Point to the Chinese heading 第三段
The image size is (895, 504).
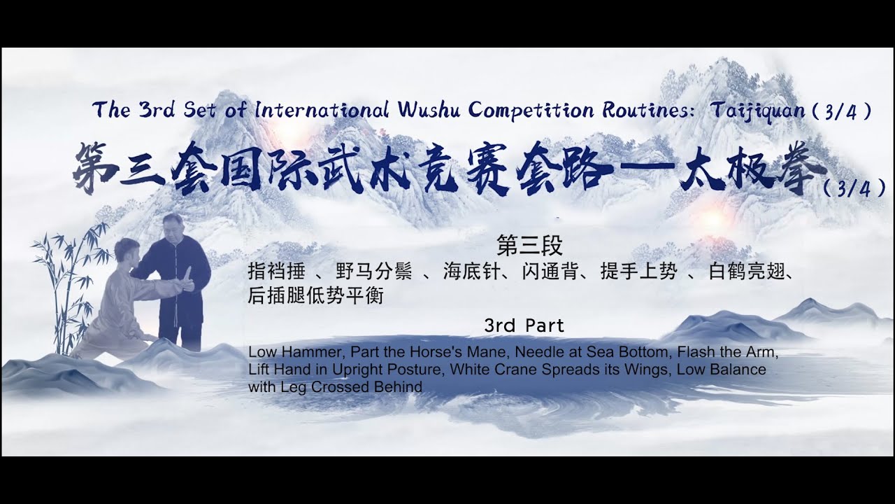point(529,245)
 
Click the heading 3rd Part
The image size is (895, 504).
point(524,325)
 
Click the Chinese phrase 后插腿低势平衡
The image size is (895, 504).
point(316,296)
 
